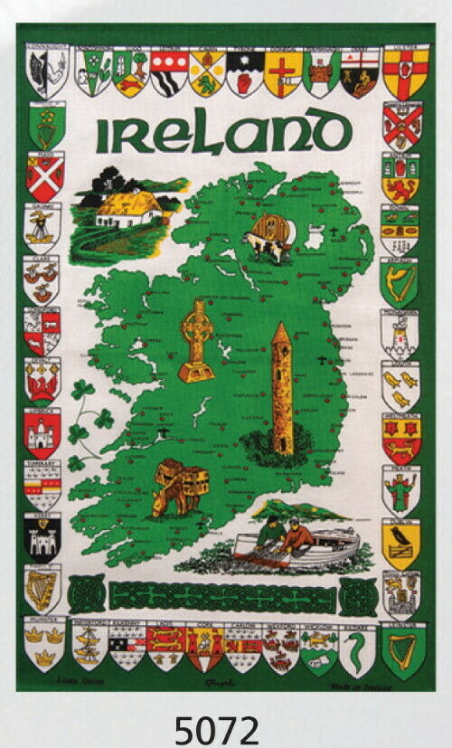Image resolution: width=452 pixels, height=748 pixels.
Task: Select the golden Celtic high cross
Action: pos(196,340)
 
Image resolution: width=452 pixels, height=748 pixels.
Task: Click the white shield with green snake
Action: pos(358,649)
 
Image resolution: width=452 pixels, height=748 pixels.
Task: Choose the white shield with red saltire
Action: pos(44,177)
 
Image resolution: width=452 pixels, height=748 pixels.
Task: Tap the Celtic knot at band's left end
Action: pos(86,594)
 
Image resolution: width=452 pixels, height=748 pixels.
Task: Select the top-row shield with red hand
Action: pos(245,73)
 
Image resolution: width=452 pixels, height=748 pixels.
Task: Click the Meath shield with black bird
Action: pos(400,543)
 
